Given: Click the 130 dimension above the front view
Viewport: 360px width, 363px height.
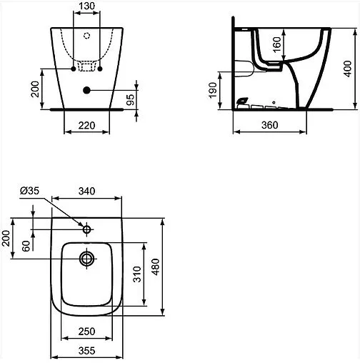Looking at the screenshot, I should click(x=85, y=6).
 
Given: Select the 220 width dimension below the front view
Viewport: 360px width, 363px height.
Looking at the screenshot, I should click(x=86, y=125).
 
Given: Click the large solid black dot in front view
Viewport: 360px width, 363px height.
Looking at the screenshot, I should click(x=86, y=90).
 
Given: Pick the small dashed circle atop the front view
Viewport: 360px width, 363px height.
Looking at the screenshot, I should click(x=86, y=35).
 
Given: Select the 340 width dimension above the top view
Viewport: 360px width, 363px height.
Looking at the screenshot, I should click(x=86, y=192).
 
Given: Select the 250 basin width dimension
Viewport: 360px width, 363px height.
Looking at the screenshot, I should click(x=86, y=332).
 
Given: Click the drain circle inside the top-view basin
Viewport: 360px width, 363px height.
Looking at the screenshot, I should click(x=87, y=257).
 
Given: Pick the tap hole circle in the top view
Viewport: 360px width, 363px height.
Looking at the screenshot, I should click(x=87, y=230).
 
